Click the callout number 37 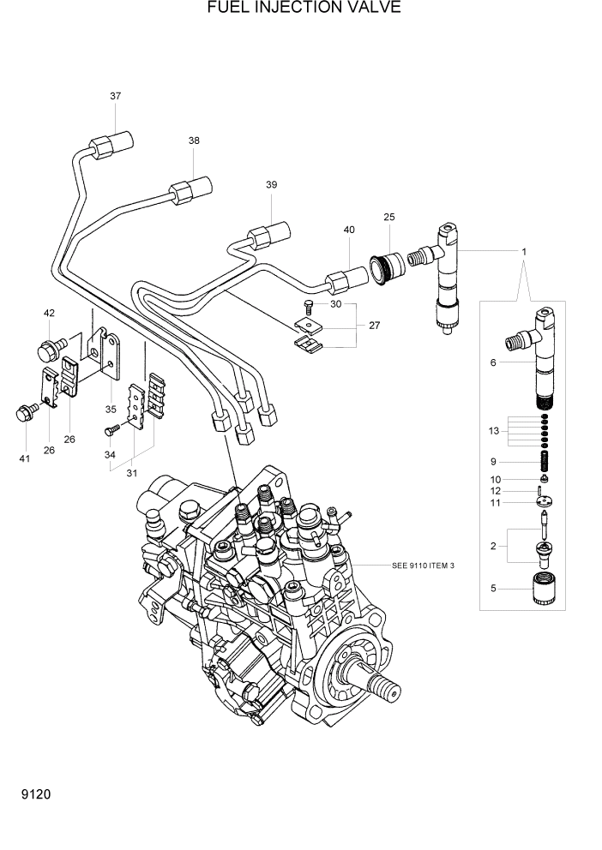coord(115,96)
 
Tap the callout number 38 coord(194,141)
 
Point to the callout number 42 coord(49,313)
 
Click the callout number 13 coord(493,429)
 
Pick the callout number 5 coord(493,588)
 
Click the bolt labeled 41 coord(24,414)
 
